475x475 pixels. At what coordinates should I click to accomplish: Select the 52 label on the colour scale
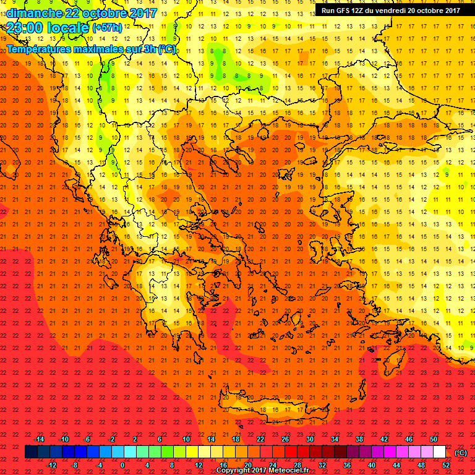[x=446, y=465]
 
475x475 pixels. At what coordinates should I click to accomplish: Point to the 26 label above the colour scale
[x=285, y=439]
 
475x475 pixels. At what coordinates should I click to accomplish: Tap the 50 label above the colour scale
[x=433, y=439]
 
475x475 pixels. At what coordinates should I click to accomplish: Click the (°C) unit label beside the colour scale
[x=461, y=452]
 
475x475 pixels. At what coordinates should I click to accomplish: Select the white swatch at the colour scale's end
[x=439, y=452]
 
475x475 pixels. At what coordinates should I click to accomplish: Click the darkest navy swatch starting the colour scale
[x=32, y=452]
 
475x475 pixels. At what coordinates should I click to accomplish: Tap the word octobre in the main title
[x=103, y=13]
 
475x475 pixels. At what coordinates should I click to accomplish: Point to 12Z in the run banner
[x=359, y=11]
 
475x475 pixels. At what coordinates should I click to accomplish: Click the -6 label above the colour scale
[x=87, y=439]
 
